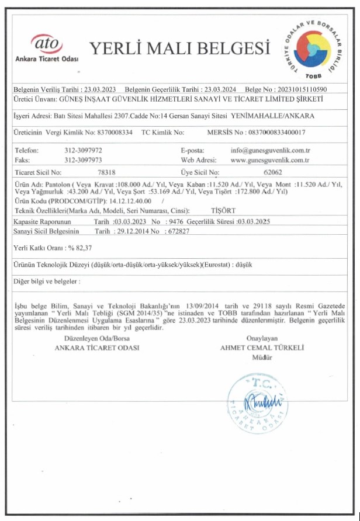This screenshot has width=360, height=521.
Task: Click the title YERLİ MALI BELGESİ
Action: click(x=179, y=47)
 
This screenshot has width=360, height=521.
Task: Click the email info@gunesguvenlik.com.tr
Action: click(x=269, y=151)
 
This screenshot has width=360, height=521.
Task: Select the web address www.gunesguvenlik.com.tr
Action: click(x=269, y=159)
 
